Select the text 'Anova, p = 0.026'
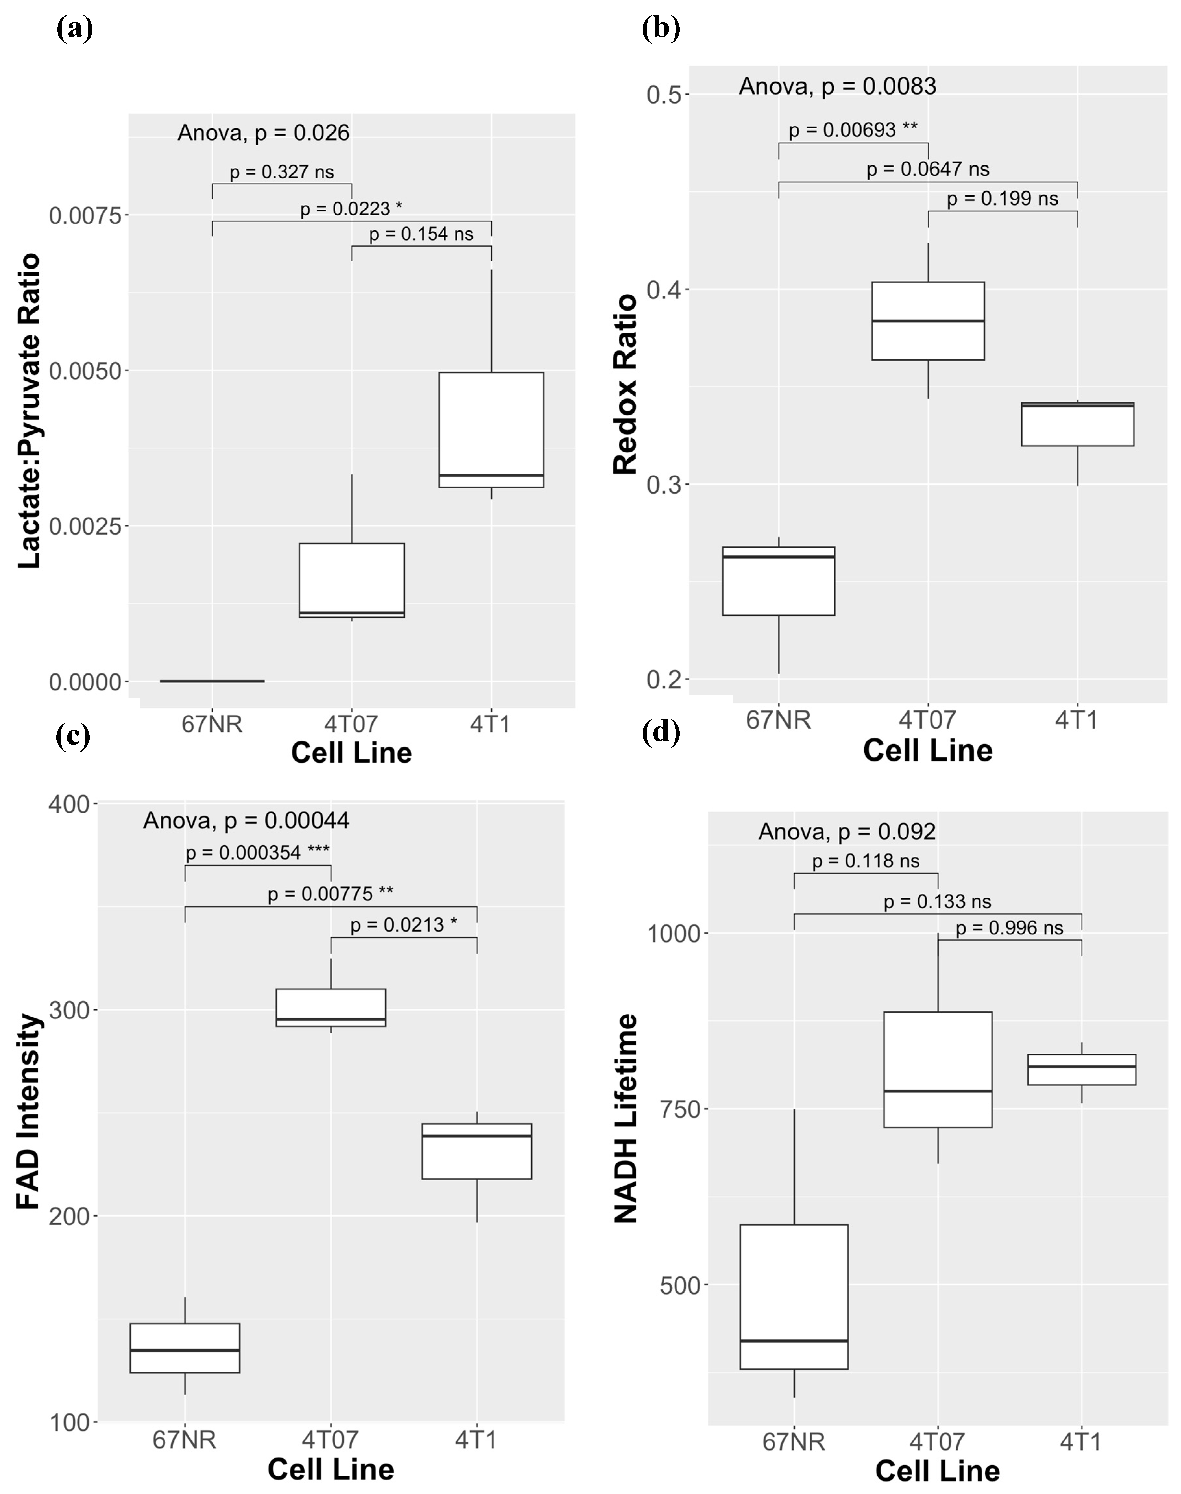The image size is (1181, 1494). (x=263, y=133)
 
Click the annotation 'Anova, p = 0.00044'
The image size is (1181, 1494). (x=246, y=821)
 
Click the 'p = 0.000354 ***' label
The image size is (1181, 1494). (x=257, y=852)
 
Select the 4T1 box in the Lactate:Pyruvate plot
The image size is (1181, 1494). (x=491, y=429)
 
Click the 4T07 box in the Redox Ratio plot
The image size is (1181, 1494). (x=928, y=321)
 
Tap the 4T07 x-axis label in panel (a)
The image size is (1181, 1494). (x=351, y=724)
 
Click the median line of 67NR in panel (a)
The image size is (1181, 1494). (x=212, y=681)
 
